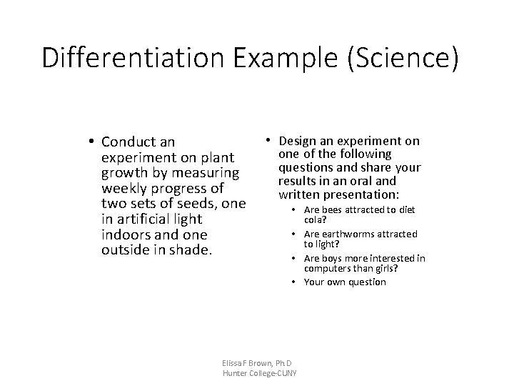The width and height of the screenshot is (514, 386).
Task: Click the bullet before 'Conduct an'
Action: (93, 141)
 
